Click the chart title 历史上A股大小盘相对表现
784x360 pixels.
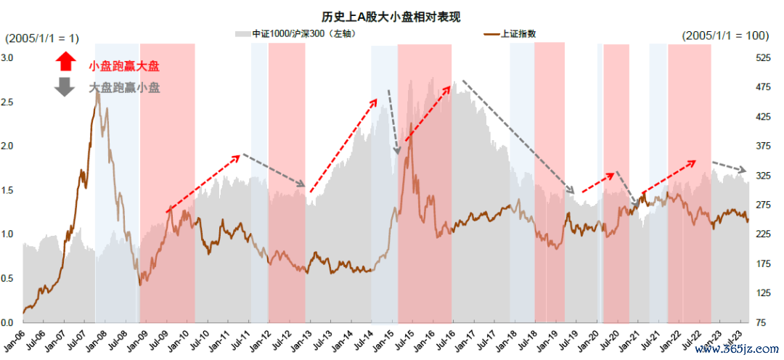click(391, 16)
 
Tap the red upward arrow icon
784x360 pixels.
click(65, 61)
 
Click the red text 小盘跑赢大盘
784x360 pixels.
click(124, 66)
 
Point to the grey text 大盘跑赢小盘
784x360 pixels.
click(124, 88)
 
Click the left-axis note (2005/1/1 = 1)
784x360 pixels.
click(43, 38)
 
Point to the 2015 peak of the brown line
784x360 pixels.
click(411, 134)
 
